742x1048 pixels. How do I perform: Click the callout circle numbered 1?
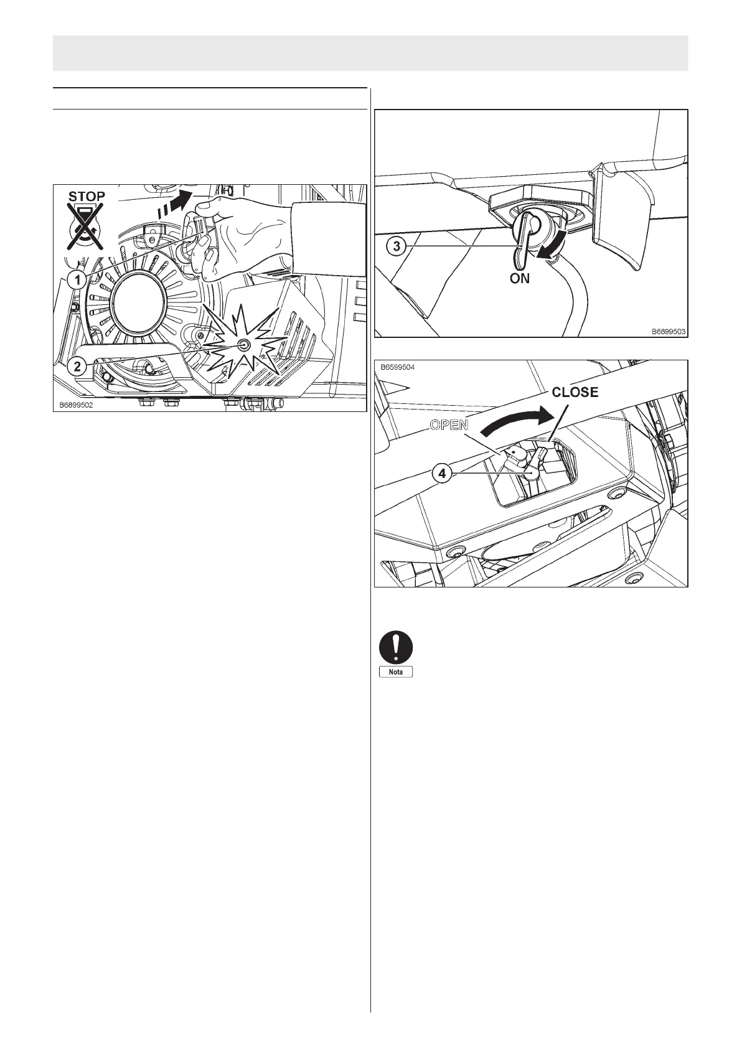pos(77,280)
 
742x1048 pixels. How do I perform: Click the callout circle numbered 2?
pos(77,366)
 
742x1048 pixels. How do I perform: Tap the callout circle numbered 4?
pos(442,474)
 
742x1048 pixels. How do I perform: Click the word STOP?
pos(87,196)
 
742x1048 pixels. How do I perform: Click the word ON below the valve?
pos(520,279)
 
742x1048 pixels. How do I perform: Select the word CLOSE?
pos(575,392)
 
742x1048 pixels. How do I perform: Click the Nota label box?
pos(397,672)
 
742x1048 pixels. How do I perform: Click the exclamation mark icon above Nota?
pos(397,647)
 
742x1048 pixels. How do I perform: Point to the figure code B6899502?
pos(77,404)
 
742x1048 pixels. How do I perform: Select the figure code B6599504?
pos(398,367)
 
